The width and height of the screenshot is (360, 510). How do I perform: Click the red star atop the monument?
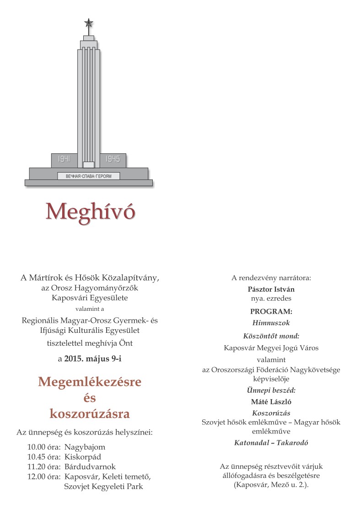click(88, 22)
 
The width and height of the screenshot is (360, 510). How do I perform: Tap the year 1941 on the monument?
click(64, 159)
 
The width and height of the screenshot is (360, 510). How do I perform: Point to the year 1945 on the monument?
click(113, 159)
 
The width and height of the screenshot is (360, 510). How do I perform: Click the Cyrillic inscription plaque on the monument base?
click(88, 176)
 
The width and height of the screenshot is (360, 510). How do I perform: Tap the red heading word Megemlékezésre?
click(90, 381)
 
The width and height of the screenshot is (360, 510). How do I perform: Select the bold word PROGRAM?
click(271, 311)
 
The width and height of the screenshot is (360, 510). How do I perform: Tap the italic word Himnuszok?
click(271, 322)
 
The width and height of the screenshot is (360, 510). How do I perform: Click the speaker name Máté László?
click(271, 401)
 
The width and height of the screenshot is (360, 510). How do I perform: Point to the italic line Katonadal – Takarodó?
click(271, 443)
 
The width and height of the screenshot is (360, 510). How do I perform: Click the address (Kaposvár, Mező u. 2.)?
click(271, 484)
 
